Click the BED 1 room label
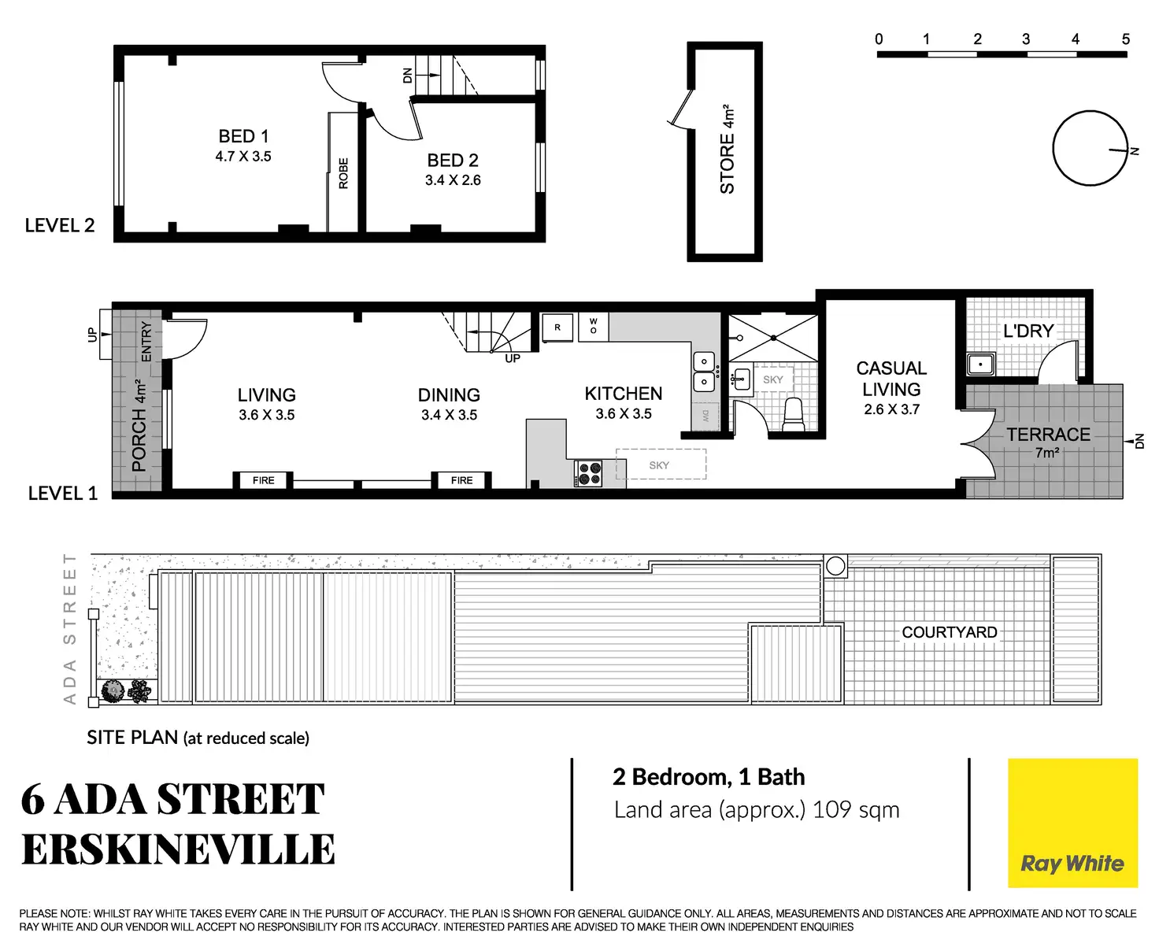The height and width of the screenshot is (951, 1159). click(x=243, y=136)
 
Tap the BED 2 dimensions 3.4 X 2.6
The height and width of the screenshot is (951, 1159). click(x=453, y=180)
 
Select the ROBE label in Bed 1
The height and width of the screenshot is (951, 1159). click(x=343, y=173)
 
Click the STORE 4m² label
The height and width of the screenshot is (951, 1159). click(x=728, y=150)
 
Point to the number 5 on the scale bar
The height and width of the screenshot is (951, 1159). click(x=1125, y=39)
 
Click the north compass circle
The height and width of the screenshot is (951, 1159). click(x=1090, y=148)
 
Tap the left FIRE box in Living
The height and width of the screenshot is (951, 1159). click(x=264, y=480)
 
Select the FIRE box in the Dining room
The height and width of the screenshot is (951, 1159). click(x=462, y=480)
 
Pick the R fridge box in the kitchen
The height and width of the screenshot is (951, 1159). click(x=557, y=327)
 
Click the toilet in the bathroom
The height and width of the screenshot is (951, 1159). click(x=793, y=413)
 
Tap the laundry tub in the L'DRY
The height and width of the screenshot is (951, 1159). click(x=980, y=364)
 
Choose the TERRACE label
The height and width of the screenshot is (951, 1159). click(x=1048, y=435)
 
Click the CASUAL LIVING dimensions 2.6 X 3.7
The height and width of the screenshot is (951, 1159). click(x=891, y=409)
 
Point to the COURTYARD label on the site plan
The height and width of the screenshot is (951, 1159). click(x=949, y=632)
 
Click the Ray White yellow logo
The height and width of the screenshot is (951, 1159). click(x=1072, y=823)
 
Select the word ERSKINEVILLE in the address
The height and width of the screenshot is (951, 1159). click(x=179, y=849)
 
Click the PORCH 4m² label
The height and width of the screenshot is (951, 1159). click(x=139, y=426)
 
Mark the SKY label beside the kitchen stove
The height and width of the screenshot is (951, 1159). click(x=659, y=465)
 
